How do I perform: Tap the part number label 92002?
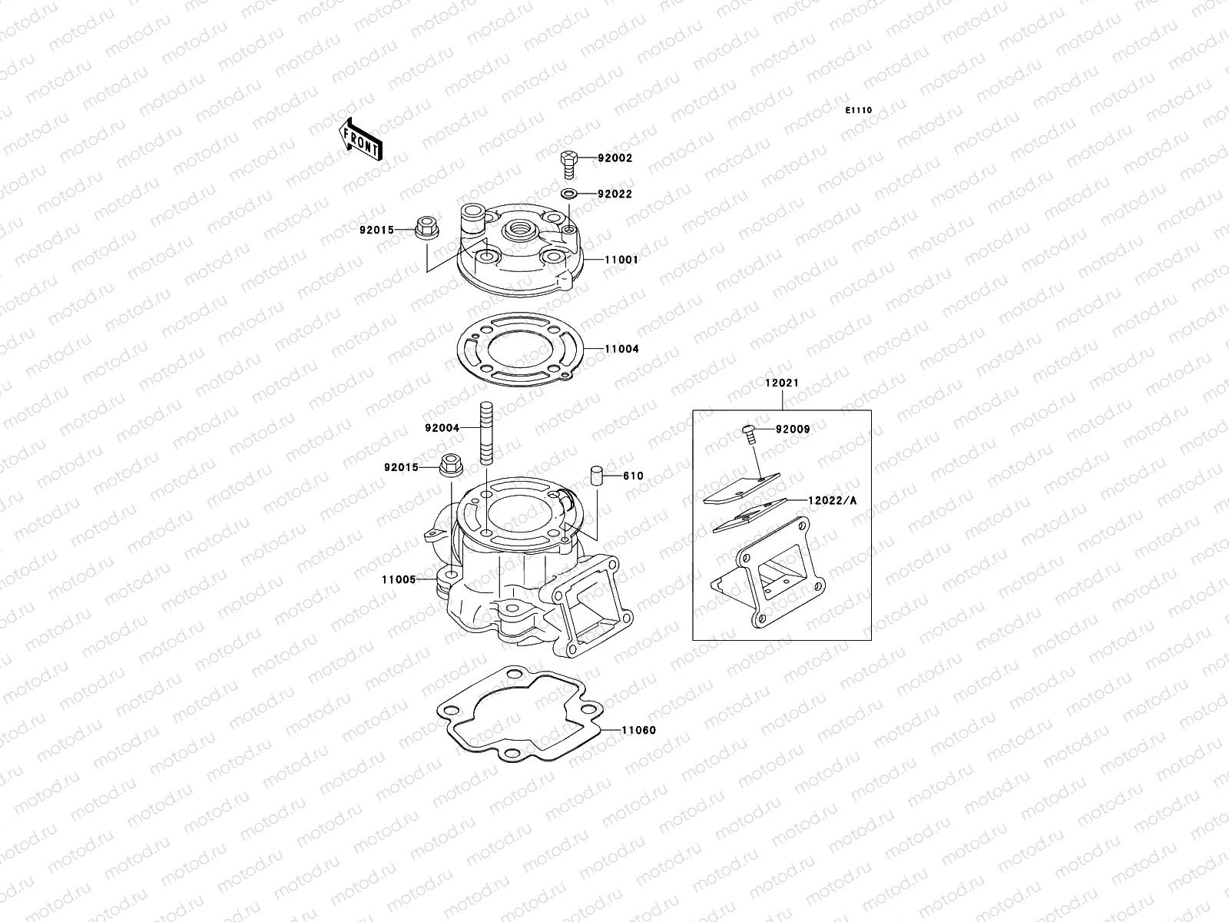pos(615,158)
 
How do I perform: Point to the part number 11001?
pos(621,260)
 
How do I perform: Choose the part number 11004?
pos(621,349)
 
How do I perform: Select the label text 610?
pos(633,476)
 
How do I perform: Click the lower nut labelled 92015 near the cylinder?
pos(450,466)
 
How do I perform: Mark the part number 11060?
pos(639,731)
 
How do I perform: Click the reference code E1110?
pos(859,111)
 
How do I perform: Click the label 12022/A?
pos(832,501)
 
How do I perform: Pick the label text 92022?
pos(615,194)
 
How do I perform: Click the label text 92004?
pos(442,428)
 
